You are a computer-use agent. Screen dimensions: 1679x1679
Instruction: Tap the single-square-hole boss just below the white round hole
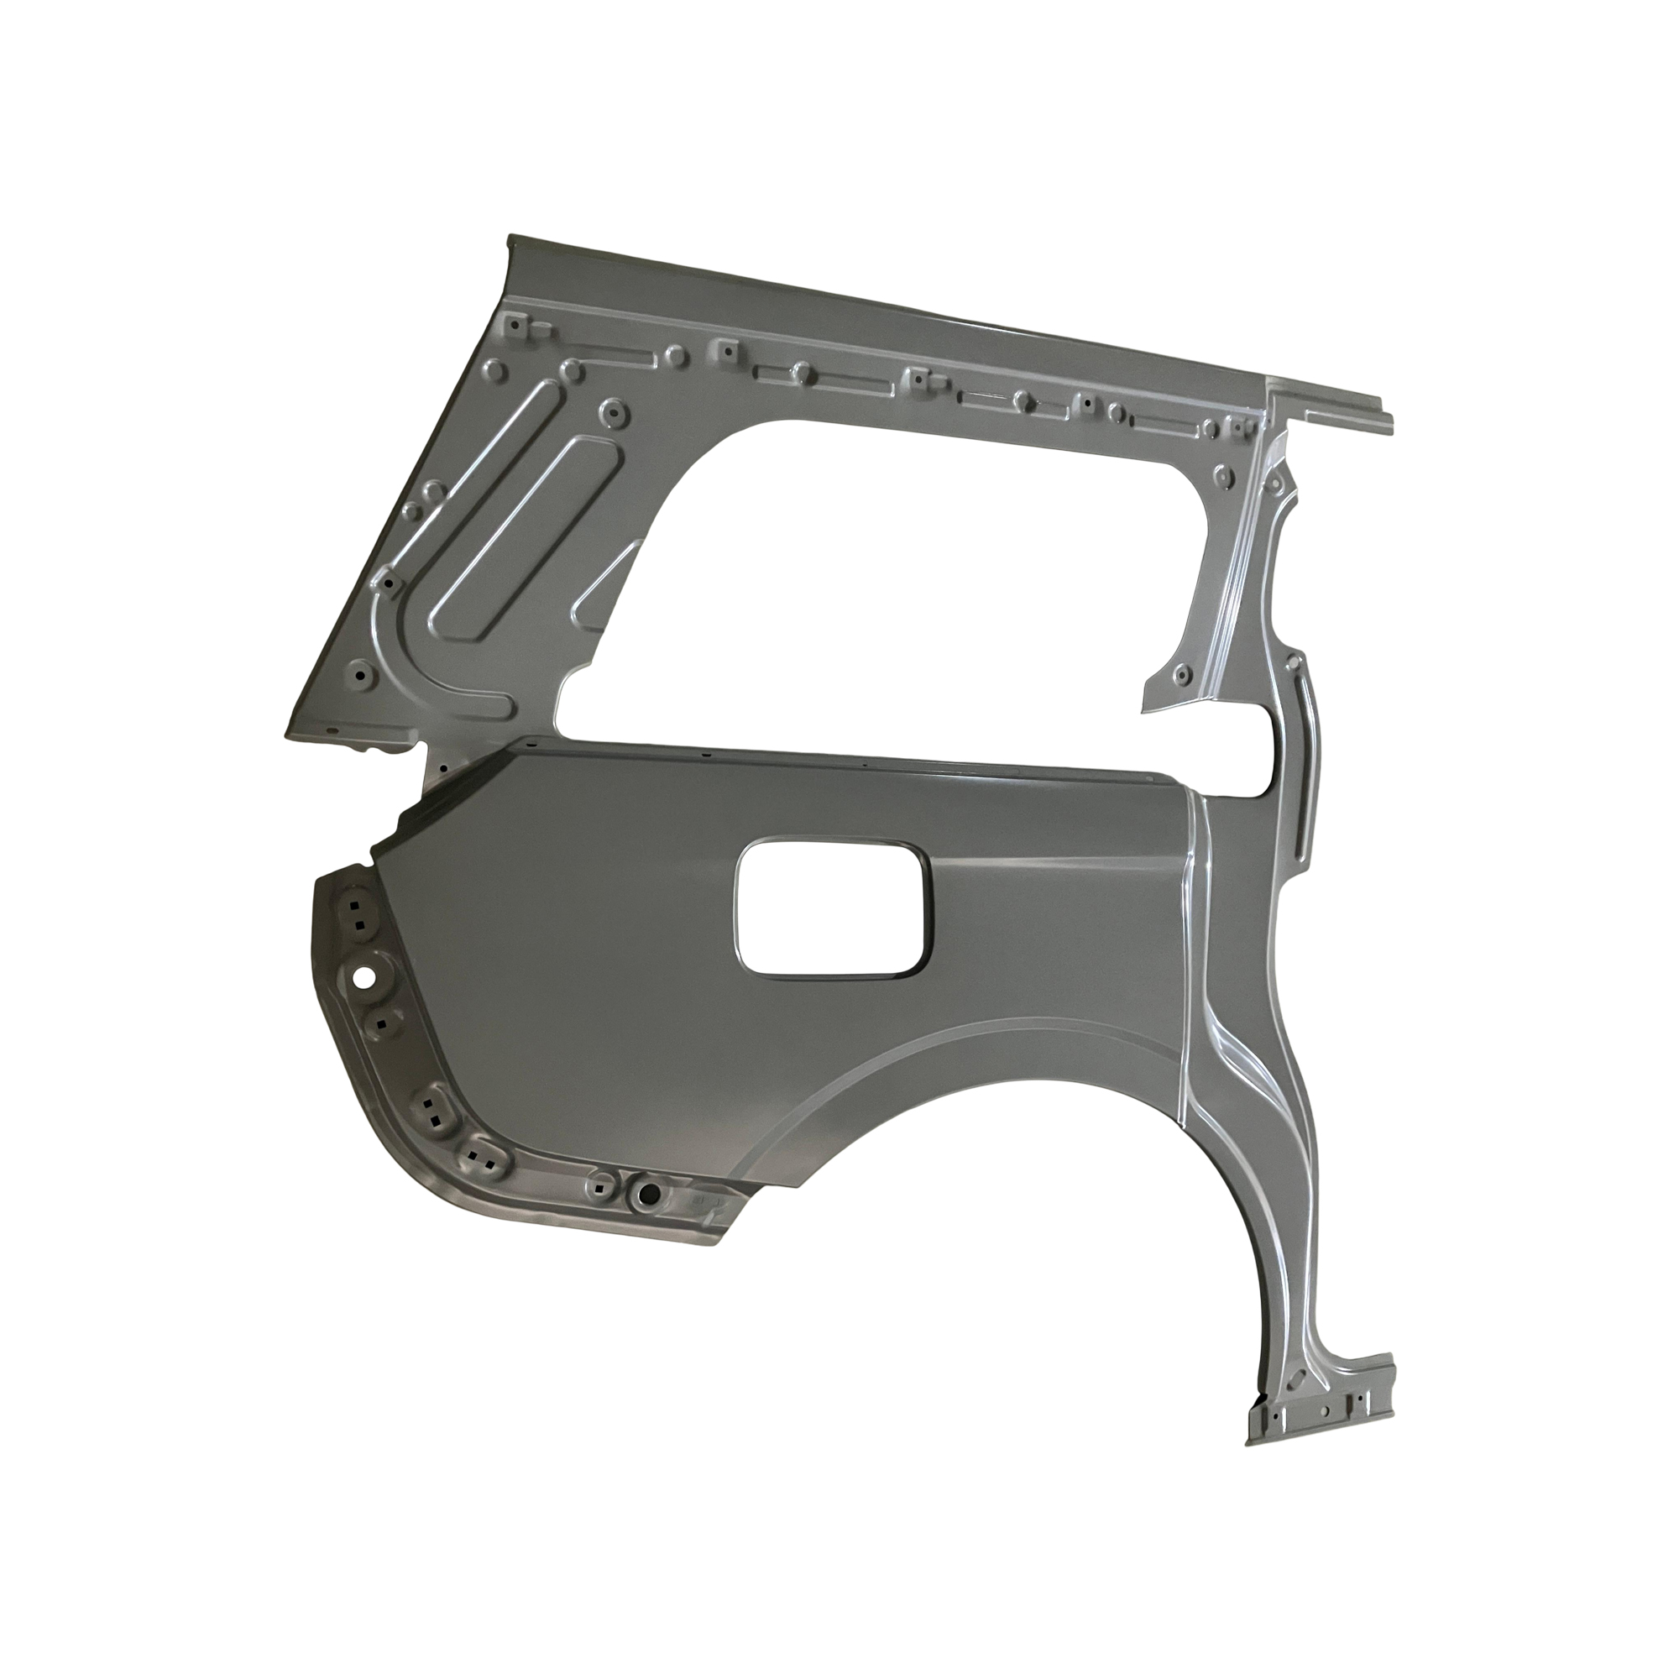coord(379,1022)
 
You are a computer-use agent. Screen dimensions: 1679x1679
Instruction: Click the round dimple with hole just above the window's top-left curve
coord(615,409)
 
